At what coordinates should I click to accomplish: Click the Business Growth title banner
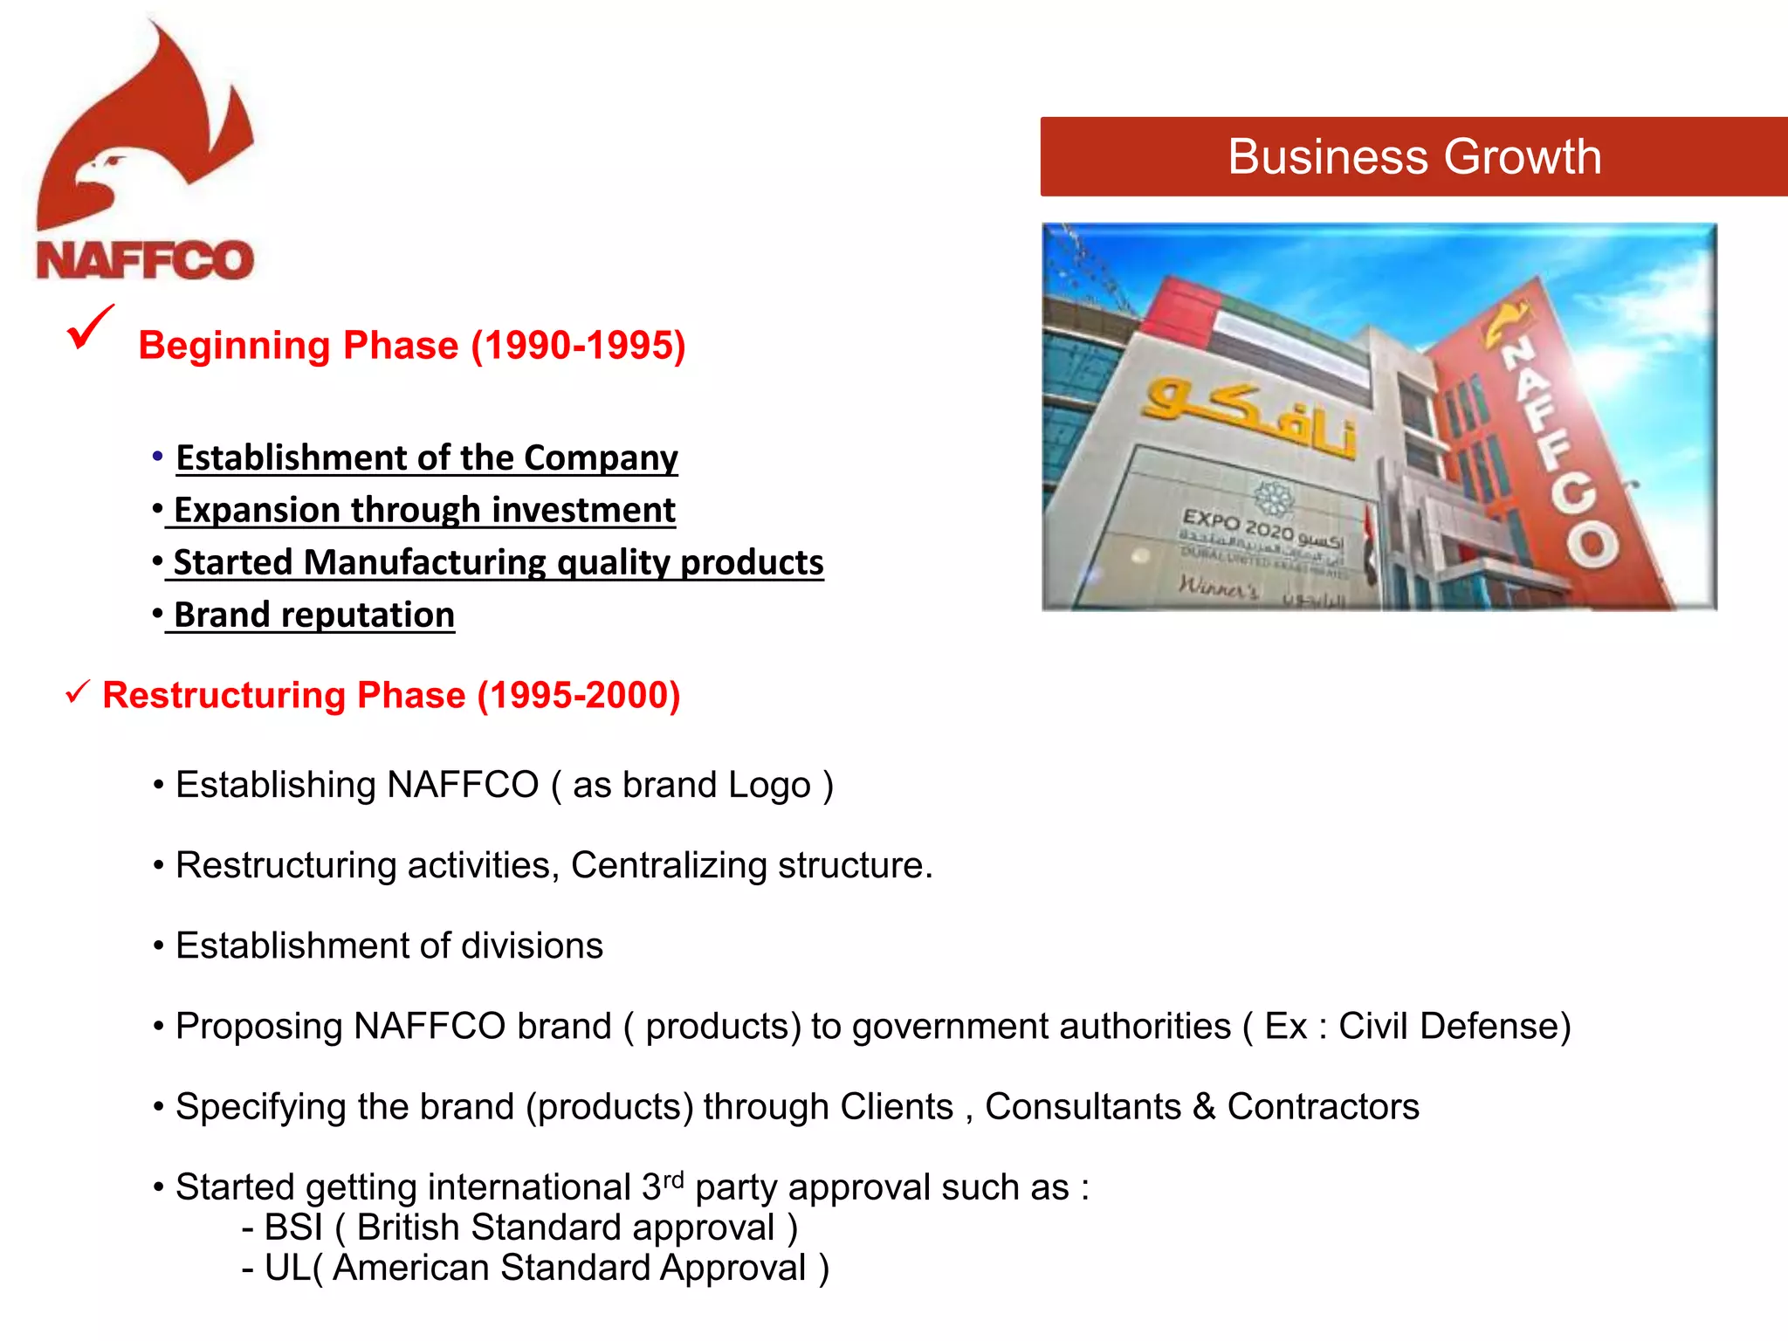pos(1413,157)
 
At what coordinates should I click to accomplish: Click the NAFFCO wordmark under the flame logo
pos(145,260)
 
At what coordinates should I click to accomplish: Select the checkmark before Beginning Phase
pos(89,328)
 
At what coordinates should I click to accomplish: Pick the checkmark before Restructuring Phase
pos(78,693)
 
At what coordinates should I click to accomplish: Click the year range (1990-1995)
pos(578,346)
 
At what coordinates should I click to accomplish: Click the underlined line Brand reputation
pos(314,615)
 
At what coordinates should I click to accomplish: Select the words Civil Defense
pos(1454,1026)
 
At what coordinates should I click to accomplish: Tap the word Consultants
pos(1083,1106)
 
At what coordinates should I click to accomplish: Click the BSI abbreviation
pos(293,1228)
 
